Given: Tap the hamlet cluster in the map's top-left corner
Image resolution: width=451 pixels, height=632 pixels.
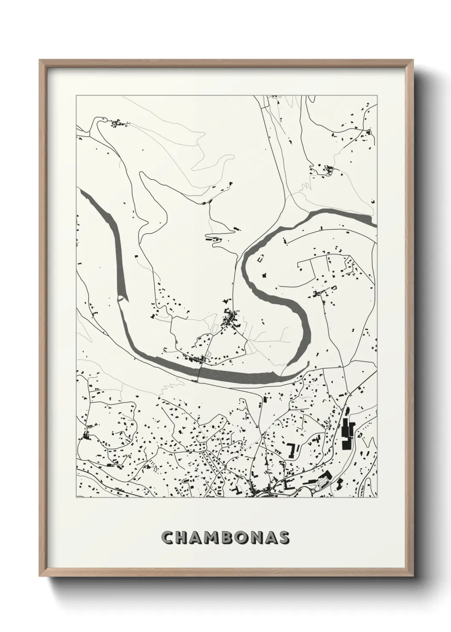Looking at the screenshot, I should [x=117, y=124].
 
